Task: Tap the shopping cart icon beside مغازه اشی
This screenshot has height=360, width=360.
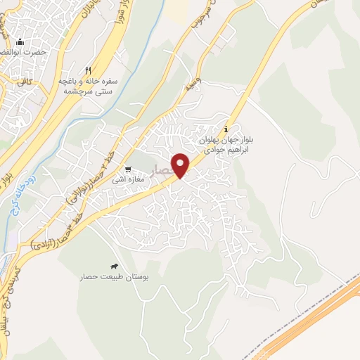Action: (128, 169)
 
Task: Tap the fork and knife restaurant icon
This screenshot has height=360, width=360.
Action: (88, 70)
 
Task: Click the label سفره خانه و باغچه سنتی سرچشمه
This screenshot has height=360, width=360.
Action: (89, 86)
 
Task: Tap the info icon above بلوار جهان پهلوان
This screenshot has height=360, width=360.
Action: (226, 129)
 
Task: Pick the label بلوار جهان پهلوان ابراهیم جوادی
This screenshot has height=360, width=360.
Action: (223, 146)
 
